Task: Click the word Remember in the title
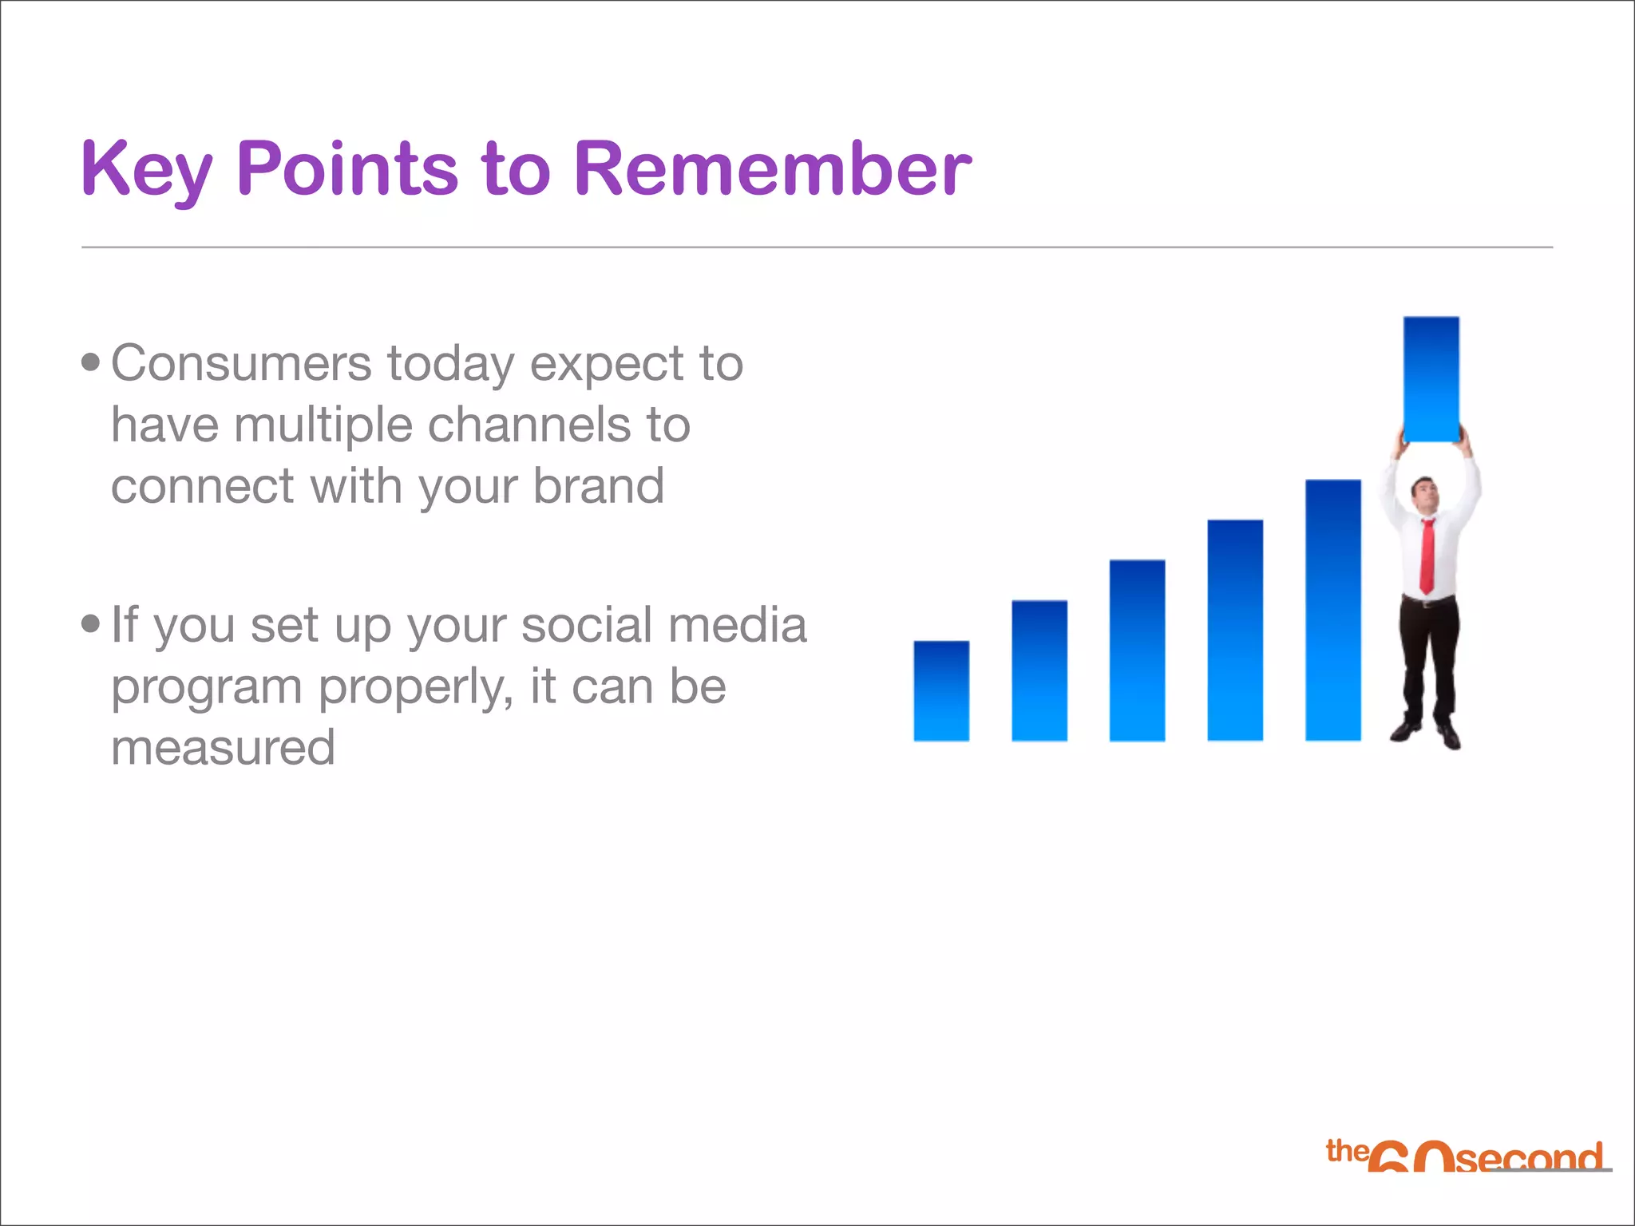772,168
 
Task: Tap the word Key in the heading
146,170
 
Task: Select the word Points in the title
347,168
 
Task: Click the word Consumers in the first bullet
241,364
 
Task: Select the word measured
223,748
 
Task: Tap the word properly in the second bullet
416,687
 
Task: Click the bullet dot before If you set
91,624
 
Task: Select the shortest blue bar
941,691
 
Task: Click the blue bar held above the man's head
1431,378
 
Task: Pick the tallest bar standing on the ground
1332,611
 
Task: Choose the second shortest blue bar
1039,670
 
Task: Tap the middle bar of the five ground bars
1137,651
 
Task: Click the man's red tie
1427,556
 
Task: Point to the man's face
1423,493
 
